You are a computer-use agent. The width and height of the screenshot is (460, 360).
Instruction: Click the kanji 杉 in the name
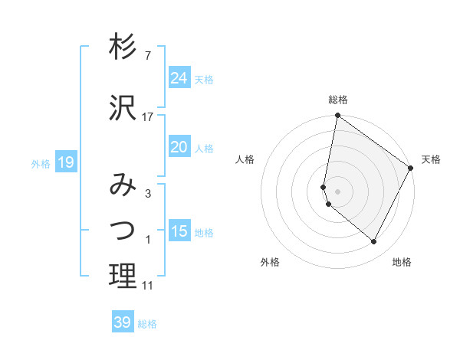click(123, 47)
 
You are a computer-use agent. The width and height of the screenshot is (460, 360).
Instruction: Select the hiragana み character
click(123, 185)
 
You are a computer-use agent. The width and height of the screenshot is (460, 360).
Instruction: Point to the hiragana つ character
click(123, 230)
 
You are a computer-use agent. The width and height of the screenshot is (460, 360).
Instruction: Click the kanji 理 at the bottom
click(123, 276)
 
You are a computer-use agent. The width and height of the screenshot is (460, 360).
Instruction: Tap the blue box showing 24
click(179, 77)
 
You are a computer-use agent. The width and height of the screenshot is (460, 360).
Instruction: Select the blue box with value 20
click(179, 147)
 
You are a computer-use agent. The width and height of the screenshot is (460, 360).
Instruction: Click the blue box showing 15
click(179, 231)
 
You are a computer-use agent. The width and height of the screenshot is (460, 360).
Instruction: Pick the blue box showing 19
click(65, 162)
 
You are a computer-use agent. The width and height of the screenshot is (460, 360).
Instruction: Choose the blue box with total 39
click(123, 322)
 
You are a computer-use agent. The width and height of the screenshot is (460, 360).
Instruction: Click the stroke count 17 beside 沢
click(148, 117)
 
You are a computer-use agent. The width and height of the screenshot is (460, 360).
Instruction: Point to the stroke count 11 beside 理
click(148, 286)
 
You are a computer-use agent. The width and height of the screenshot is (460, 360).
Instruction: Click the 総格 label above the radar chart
click(338, 100)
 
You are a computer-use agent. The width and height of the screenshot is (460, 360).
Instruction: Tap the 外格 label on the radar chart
click(270, 262)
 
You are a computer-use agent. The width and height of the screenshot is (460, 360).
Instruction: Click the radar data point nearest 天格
click(412, 169)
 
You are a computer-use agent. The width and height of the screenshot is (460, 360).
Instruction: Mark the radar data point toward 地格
click(374, 242)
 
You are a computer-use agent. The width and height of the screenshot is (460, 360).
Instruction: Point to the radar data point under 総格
click(337, 116)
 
